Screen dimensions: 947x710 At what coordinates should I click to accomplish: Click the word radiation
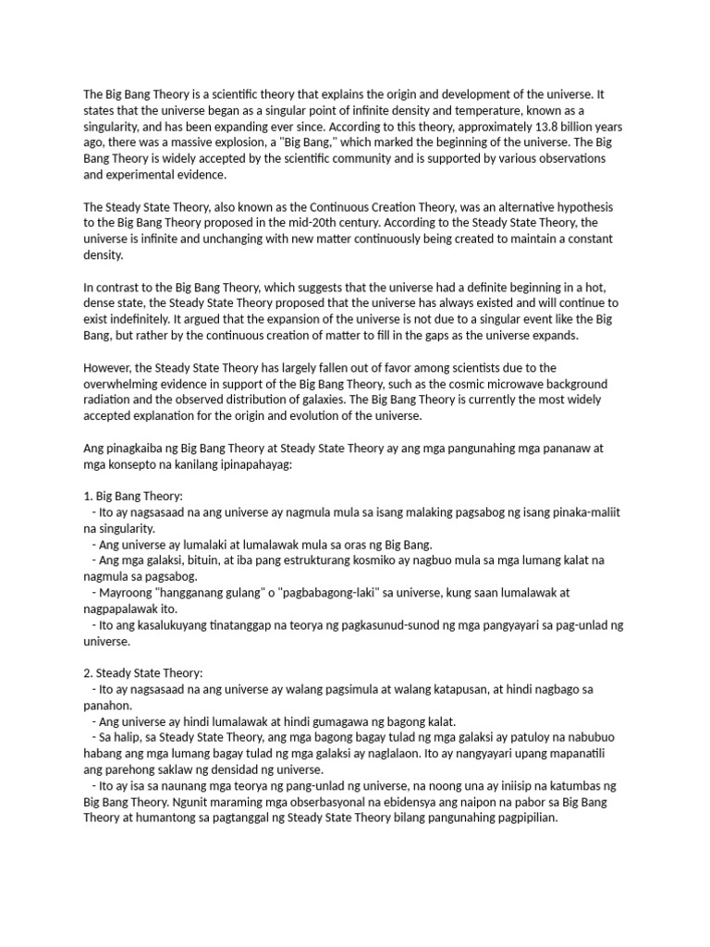click(109, 400)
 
